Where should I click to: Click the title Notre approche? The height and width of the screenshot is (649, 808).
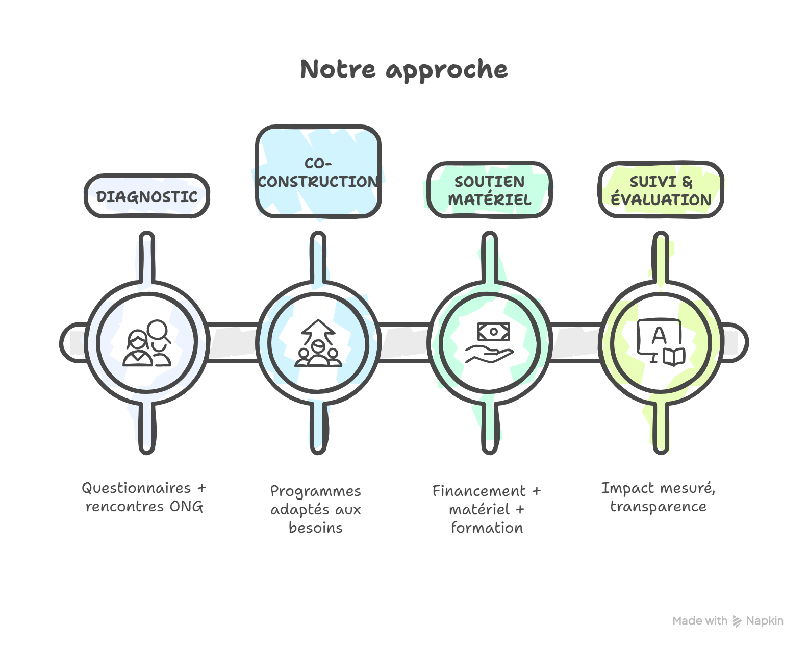(403, 69)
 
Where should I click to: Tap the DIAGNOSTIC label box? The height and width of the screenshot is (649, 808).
(147, 196)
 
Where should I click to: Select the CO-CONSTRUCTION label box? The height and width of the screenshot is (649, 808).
(318, 172)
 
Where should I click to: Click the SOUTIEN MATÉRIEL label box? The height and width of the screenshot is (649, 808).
(490, 190)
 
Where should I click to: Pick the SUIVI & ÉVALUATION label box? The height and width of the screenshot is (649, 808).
(661, 190)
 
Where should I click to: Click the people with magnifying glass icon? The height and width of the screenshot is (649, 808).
(147, 342)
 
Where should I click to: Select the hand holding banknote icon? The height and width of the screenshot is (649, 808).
(490, 342)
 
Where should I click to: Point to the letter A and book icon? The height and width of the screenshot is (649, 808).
(660, 342)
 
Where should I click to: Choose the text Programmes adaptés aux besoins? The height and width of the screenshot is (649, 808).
(316, 509)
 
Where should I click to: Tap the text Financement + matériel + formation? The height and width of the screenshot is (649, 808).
(487, 509)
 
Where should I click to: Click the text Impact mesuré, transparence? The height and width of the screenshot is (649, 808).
(658, 497)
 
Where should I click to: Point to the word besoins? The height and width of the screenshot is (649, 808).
(316, 528)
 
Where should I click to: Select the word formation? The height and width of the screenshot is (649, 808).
(487, 528)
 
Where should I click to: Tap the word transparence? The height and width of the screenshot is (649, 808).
(658, 507)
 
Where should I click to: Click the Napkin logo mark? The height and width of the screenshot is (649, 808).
(737, 621)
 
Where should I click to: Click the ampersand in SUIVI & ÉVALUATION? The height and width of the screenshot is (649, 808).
(687, 182)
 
